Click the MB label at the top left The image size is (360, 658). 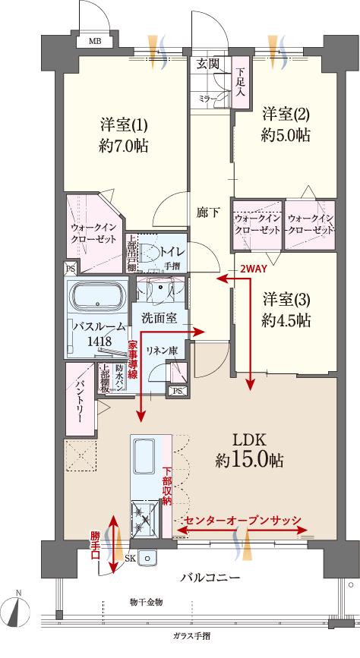click(96, 41)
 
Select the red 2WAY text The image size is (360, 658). click(253, 269)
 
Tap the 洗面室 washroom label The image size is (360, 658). click(159, 318)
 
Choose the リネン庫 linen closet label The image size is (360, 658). click(161, 350)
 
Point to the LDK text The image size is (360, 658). click(247, 441)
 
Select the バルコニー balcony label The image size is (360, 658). click(210, 578)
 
